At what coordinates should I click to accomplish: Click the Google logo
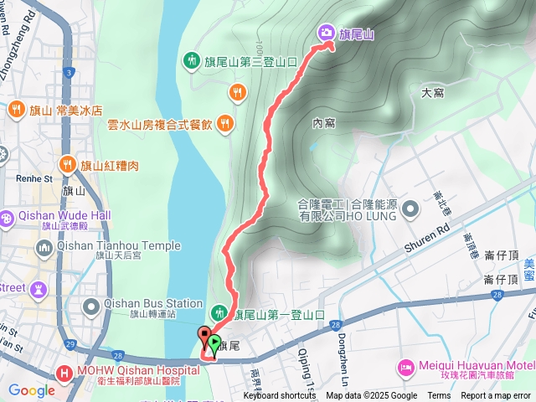31,389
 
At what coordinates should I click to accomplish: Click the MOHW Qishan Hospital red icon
64,372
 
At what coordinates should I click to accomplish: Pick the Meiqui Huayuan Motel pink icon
406,366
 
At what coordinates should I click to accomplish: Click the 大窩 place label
432,93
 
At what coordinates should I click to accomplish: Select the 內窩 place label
323,123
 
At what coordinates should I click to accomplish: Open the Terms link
439,396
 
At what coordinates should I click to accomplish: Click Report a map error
497,396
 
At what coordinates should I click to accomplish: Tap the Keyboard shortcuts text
280,396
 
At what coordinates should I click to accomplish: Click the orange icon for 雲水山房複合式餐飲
224,124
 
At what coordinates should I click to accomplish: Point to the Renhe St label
34,178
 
